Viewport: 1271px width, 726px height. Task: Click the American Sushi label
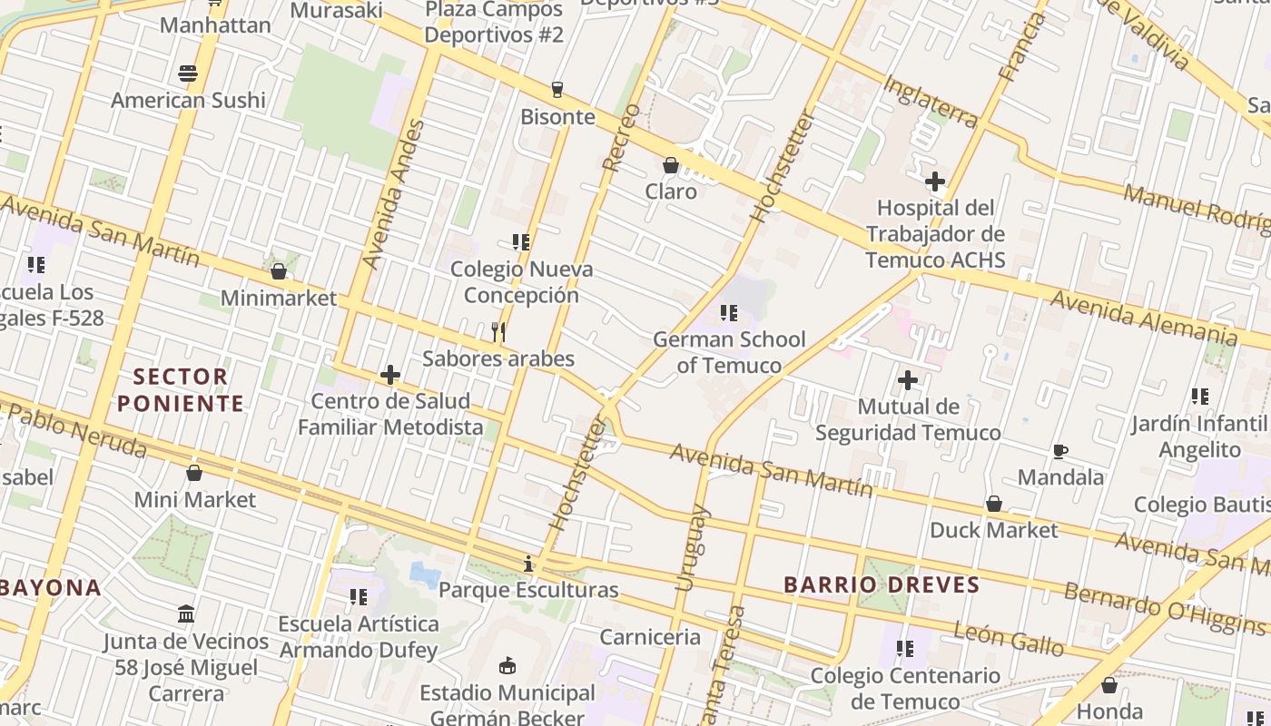pyautogui.click(x=189, y=100)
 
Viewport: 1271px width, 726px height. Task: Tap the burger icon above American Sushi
pyautogui.click(x=188, y=74)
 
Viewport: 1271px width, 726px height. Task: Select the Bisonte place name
pyautogui.click(x=557, y=116)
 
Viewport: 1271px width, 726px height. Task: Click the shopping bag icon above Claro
pyautogui.click(x=671, y=165)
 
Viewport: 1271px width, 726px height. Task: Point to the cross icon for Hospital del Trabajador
pyautogui.click(x=935, y=181)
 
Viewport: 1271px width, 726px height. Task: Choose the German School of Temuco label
pyautogui.click(x=729, y=352)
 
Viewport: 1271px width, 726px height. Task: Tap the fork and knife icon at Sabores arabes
pyautogui.click(x=498, y=332)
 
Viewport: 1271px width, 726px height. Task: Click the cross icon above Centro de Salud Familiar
pyautogui.click(x=390, y=375)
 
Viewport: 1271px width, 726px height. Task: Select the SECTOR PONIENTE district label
pyautogui.click(x=182, y=389)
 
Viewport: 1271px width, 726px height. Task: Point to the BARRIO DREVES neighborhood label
pyautogui.click(x=882, y=584)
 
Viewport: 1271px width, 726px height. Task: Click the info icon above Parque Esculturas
pyautogui.click(x=528, y=564)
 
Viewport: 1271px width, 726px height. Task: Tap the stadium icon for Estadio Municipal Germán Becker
pyautogui.click(x=507, y=667)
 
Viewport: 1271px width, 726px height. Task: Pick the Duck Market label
pyautogui.click(x=994, y=530)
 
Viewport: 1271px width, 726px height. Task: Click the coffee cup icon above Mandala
pyautogui.click(x=1059, y=451)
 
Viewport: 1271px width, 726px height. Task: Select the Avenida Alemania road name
pyautogui.click(x=1143, y=317)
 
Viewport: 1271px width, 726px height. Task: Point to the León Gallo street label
pyautogui.click(x=1008, y=638)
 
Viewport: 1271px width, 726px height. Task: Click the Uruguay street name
pyautogui.click(x=692, y=548)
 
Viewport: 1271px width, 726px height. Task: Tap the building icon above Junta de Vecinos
pyautogui.click(x=186, y=614)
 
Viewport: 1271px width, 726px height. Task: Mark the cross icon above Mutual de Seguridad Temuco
pyautogui.click(x=908, y=380)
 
